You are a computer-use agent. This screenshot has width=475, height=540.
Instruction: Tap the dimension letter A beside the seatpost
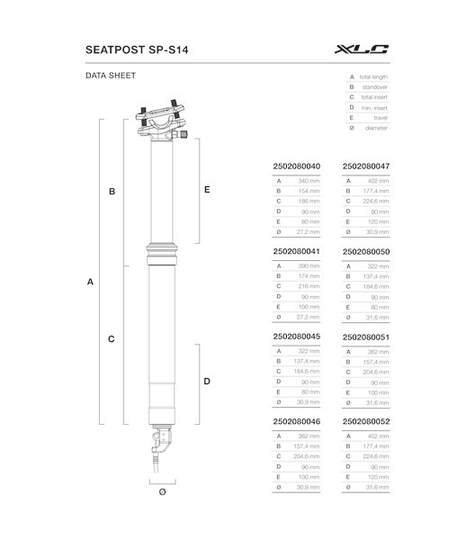(90, 282)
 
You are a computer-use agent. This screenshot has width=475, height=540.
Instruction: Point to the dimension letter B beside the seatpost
(112, 192)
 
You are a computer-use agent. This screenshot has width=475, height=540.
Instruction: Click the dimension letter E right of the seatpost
(207, 190)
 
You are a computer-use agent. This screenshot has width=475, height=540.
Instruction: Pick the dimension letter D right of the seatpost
(207, 382)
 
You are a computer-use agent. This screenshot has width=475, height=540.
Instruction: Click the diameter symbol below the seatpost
(162, 491)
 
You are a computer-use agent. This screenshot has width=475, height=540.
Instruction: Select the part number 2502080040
(295, 166)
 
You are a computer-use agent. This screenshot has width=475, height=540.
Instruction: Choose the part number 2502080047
(365, 166)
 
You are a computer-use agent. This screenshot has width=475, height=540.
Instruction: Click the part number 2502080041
(295, 253)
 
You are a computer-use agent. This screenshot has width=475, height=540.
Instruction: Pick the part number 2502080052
(365, 421)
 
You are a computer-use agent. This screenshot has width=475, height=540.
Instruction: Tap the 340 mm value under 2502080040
(308, 181)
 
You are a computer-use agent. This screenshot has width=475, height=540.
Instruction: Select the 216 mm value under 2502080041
(309, 286)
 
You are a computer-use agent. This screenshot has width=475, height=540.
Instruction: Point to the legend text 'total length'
(374, 77)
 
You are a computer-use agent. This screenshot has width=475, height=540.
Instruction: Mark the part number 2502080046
(295, 421)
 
